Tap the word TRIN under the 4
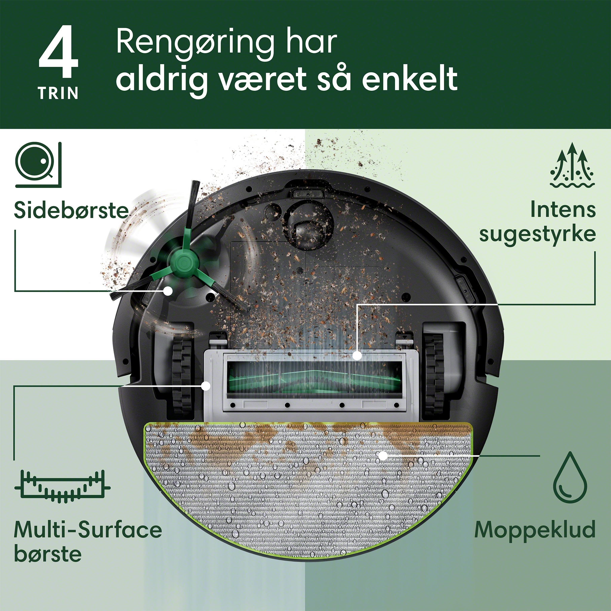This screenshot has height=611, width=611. click(x=58, y=94)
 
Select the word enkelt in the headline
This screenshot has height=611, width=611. click(x=410, y=78)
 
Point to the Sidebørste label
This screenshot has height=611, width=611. click(x=72, y=210)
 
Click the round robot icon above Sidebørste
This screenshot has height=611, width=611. click(x=38, y=165)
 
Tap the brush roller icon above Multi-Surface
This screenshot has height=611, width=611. click(x=62, y=486)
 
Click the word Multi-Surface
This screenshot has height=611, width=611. click(x=88, y=530)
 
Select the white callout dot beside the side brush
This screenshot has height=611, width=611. click(x=168, y=291)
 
